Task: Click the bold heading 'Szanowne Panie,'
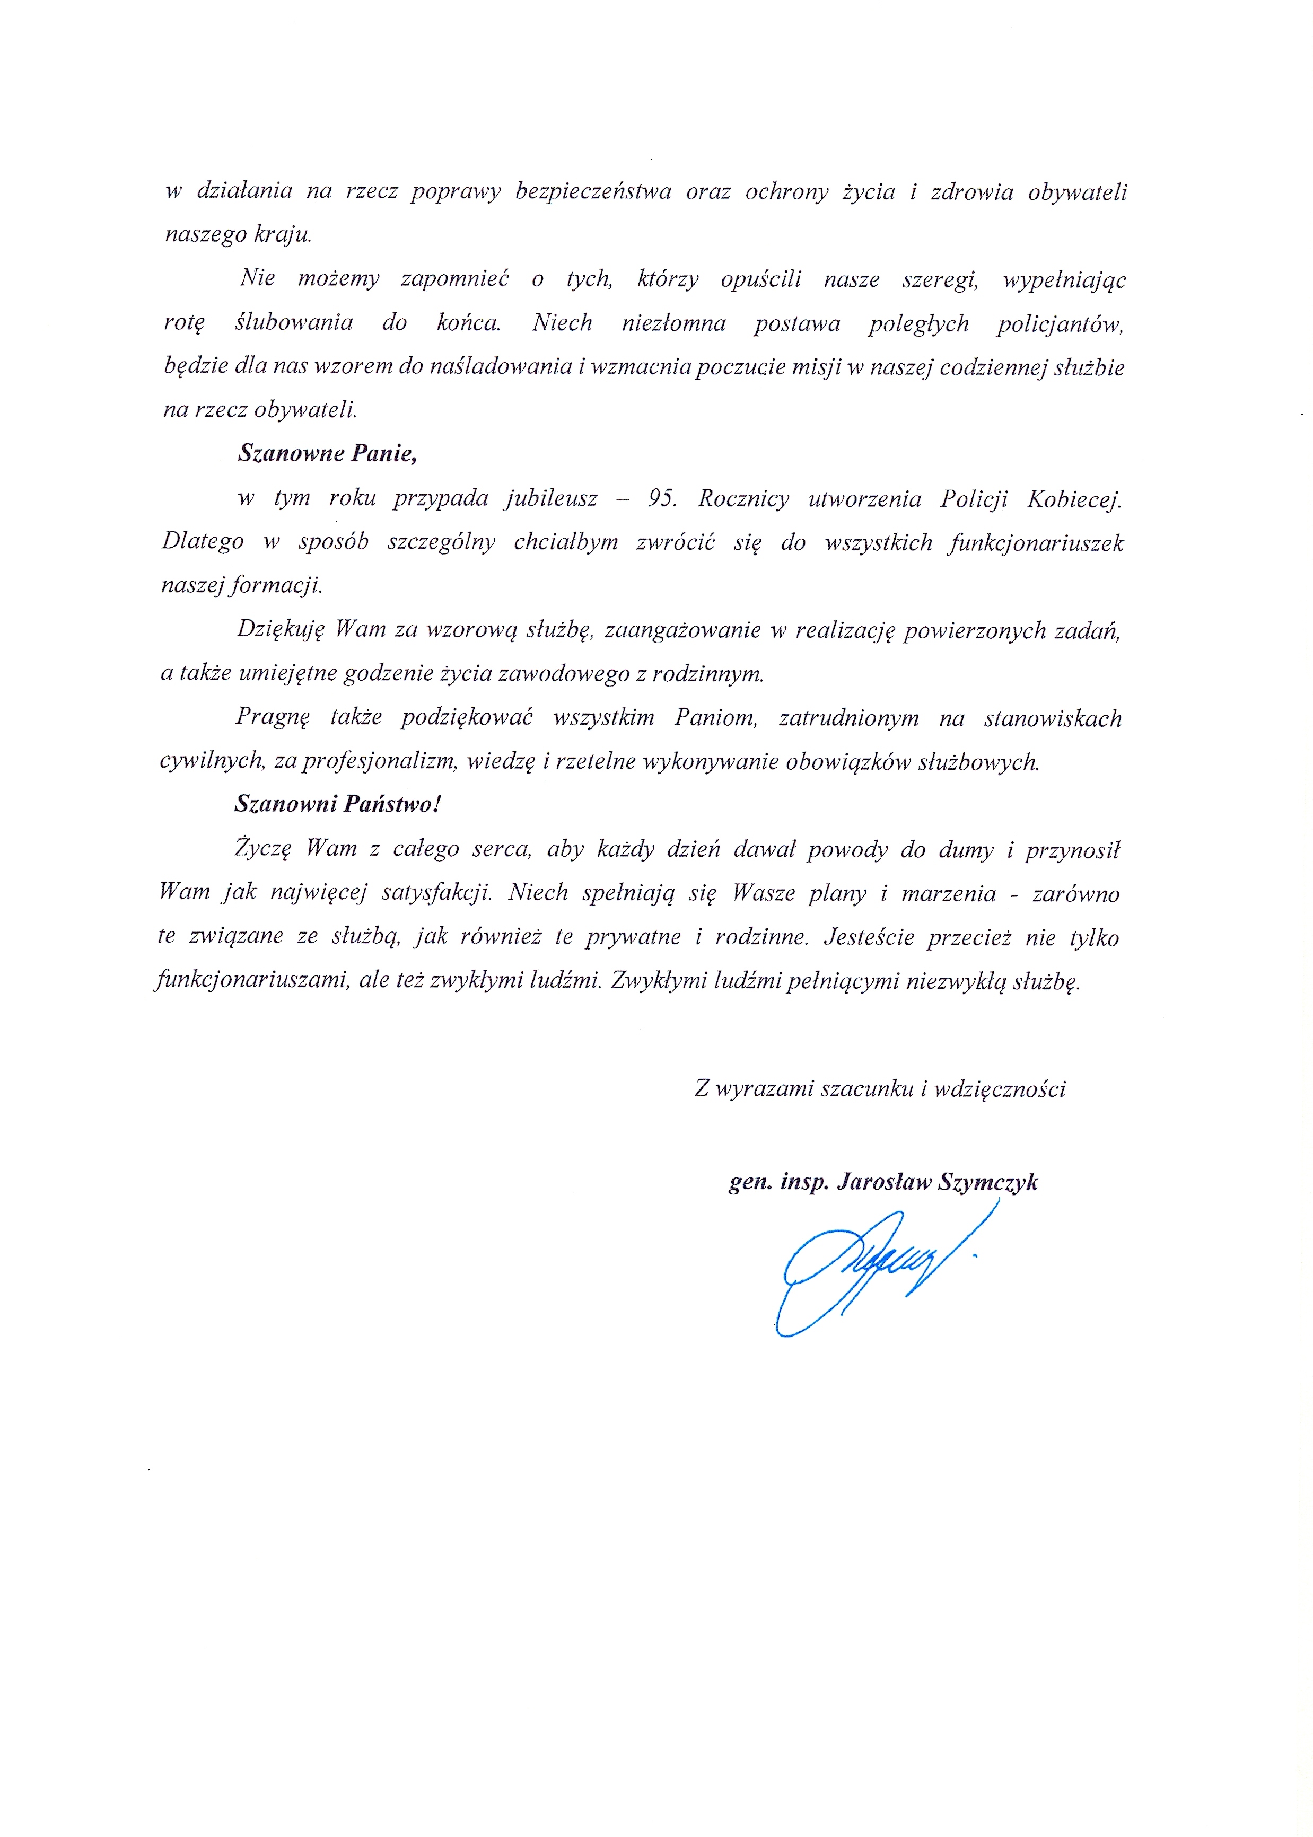[327, 453]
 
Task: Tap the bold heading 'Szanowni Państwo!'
[338, 804]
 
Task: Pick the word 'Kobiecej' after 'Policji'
[1074, 499]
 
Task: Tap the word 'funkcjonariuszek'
[1037, 543]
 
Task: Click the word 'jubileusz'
[552, 499]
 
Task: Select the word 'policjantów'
[1060, 324]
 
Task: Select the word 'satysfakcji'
[436, 893]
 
